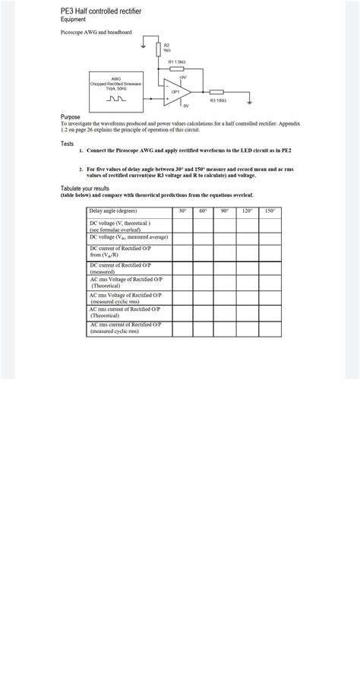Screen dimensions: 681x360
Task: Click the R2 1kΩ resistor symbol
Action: (157, 49)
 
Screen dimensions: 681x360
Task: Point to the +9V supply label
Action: (183, 77)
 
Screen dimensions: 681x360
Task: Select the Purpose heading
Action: (71, 117)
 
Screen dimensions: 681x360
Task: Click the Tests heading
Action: (68, 143)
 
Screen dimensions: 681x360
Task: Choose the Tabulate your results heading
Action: (85, 188)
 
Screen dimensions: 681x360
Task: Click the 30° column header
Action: (182, 211)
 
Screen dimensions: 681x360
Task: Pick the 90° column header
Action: (226, 211)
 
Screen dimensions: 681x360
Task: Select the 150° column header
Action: (270, 211)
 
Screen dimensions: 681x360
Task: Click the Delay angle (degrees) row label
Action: (113, 211)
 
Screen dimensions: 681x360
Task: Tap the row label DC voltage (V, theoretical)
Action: (121, 226)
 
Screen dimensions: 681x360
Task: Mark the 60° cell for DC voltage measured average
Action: (204, 238)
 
